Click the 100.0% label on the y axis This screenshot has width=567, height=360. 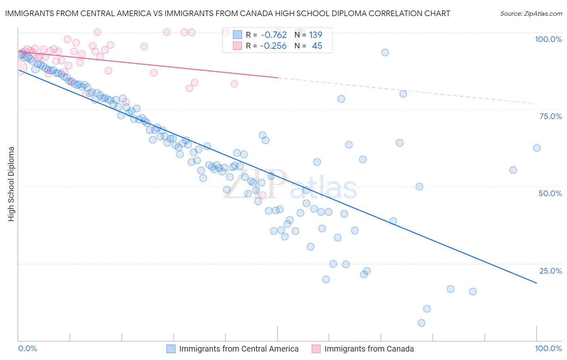point(548,39)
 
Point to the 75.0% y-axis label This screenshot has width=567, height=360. point(550,116)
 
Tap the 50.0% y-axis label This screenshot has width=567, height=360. point(550,193)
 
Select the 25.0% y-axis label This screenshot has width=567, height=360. point(550,271)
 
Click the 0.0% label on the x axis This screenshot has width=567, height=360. point(28,348)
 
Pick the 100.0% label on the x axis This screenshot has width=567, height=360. point(548,348)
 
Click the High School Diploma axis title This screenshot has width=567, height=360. point(11,184)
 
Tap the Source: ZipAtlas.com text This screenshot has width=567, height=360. point(531,14)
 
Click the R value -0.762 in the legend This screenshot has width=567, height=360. point(273,35)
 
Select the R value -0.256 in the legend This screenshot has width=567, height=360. point(273,46)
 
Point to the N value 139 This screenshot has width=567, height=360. point(316,35)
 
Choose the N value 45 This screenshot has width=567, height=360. point(317,46)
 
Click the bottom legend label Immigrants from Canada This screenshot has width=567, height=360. point(369,349)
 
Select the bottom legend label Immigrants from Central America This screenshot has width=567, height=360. point(239,349)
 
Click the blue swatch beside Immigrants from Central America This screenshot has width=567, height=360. point(171,349)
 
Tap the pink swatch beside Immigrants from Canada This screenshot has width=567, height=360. point(316,349)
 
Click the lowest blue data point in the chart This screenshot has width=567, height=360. point(421,323)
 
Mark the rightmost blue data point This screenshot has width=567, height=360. point(537,148)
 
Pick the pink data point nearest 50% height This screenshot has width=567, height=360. point(263,195)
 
